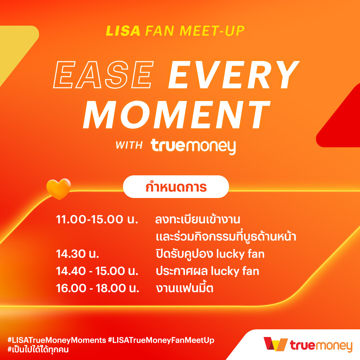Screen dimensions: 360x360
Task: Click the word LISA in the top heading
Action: [123, 31]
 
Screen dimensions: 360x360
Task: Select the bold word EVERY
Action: [234, 75]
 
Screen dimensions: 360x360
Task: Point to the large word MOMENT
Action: [177, 115]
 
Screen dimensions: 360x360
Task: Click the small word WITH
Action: [129, 145]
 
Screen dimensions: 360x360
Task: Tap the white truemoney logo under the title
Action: [193, 146]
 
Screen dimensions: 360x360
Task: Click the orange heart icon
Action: [59, 189]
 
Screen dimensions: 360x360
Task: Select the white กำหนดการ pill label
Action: [176, 187]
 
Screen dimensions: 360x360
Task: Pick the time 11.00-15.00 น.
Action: [97, 219]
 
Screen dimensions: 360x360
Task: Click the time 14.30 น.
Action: [77, 254]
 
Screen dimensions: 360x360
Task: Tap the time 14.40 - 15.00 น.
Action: [97, 271]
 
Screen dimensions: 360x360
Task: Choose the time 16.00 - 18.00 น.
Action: [98, 288]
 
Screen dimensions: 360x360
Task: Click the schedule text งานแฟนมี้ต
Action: [185, 288]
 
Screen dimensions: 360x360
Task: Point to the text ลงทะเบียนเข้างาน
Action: [198, 219]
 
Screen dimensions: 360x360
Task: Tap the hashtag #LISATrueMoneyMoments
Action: [57, 340]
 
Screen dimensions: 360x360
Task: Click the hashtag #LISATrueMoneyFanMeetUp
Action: [161, 340]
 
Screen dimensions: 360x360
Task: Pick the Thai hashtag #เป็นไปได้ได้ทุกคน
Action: [38, 349]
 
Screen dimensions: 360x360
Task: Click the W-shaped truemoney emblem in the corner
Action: [276, 344]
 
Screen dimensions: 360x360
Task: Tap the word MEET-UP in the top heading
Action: [212, 31]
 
